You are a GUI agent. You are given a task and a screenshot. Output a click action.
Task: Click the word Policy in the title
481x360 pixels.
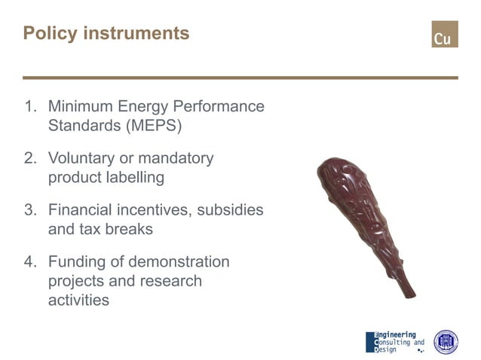[x=48, y=34]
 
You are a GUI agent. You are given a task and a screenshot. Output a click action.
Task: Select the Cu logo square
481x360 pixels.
[x=444, y=35]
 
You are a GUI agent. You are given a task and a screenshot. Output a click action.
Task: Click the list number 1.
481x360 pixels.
[x=31, y=107]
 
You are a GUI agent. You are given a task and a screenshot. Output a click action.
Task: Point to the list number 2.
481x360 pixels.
[x=31, y=159]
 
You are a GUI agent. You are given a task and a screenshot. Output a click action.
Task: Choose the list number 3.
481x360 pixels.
[x=31, y=210]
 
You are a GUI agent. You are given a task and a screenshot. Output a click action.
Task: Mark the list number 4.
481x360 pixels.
[x=31, y=262]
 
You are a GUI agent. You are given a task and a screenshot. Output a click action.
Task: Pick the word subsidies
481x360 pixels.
[x=231, y=210]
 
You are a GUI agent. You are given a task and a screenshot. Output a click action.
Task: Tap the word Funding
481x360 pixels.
[x=77, y=262]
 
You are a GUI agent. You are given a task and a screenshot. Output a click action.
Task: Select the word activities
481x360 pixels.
[x=78, y=300]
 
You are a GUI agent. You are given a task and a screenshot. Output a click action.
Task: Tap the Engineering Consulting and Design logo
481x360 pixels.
[x=394, y=341]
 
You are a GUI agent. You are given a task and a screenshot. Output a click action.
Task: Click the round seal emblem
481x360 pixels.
[x=445, y=341]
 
